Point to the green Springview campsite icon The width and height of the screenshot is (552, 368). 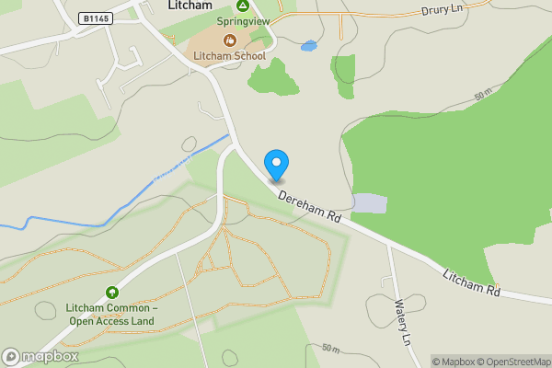230,6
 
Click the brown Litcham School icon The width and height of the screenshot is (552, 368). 229,40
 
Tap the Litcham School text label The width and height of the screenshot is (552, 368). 229,56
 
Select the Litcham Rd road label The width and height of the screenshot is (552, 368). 470,282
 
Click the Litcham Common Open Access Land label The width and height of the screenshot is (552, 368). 111,314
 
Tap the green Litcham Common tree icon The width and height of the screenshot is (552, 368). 112,292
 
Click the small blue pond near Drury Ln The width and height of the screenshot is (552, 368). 308,45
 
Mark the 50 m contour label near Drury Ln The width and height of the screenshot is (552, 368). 484,96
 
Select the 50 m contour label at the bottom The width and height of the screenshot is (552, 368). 331,349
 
